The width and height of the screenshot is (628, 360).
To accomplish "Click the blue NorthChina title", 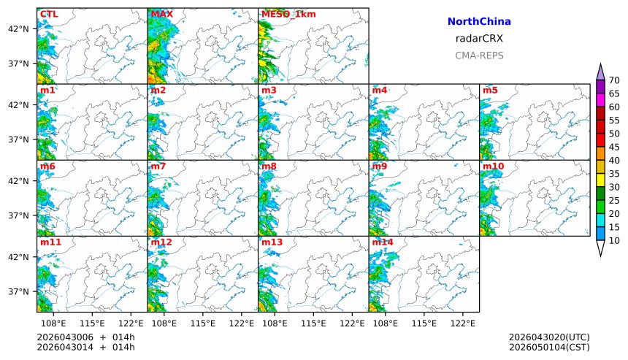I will coord(478,23).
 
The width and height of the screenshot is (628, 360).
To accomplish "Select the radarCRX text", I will coord(478,39).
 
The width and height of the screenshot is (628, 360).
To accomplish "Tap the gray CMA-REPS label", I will coord(478,55).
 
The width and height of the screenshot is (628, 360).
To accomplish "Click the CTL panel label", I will coord(49,14).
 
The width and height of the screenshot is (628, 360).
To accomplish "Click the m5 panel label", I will coord(490,90).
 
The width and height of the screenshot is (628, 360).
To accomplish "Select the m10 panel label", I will coord(493,166).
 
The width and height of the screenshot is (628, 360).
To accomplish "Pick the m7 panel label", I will coord(158,166).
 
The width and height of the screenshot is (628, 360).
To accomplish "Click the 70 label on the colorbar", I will coord(614,80).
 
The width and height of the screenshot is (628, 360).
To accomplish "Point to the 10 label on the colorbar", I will coord(614,241).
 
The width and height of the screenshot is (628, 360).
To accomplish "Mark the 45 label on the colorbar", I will coord(614,148).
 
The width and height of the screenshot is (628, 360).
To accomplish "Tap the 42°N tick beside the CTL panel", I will coord(18,28).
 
